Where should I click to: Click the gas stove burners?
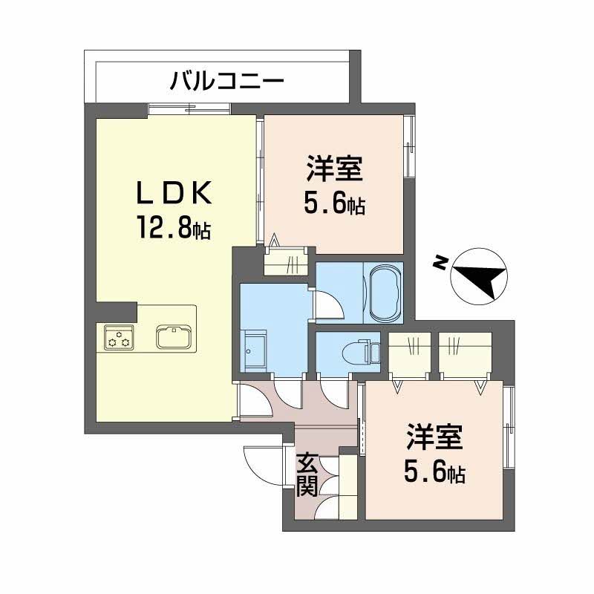point(118,338)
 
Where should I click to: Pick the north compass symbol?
point(479,275)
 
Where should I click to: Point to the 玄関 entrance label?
point(307,475)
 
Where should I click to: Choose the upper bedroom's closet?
point(287,261)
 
